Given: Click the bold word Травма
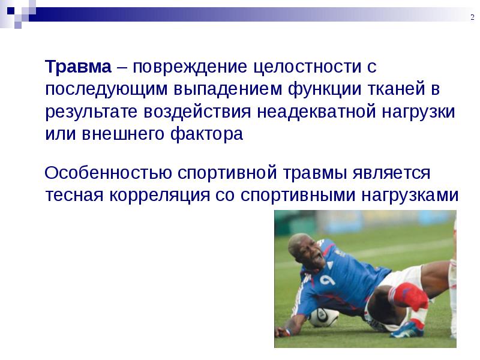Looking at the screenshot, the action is (x=78, y=67).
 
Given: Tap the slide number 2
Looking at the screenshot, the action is (x=472, y=17).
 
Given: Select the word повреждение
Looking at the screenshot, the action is (x=190, y=67).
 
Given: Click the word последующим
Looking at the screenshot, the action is (x=106, y=89).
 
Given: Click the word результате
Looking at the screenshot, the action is (x=91, y=112).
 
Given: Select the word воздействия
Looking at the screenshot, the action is (x=197, y=112).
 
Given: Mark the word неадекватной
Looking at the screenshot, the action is (x=316, y=112).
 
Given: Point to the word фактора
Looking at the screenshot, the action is (x=206, y=134).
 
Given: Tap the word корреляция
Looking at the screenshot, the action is (x=160, y=196).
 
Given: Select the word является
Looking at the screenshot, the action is (x=391, y=173).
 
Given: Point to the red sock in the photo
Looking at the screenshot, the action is (x=409, y=295).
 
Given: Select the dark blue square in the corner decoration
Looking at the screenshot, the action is (x=11, y=11).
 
